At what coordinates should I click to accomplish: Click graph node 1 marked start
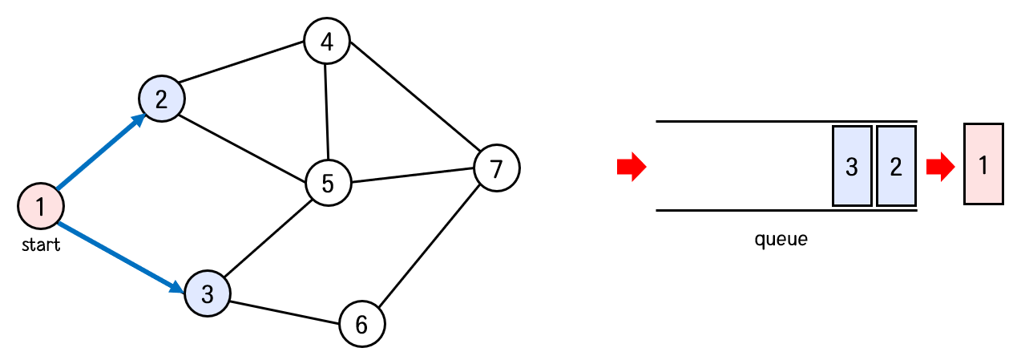pyautogui.click(x=41, y=206)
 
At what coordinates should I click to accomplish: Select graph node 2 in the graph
pyautogui.click(x=162, y=99)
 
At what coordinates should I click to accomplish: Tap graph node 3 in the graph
pyautogui.click(x=208, y=293)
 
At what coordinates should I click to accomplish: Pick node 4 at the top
pyautogui.click(x=327, y=41)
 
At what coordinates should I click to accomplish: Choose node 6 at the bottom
pyautogui.click(x=361, y=324)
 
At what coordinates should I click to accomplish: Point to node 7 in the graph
pyautogui.click(x=497, y=168)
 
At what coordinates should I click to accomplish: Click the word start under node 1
pyautogui.click(x=41, y=245)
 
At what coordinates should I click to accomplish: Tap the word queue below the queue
pyautogui.click(x=781, y=239)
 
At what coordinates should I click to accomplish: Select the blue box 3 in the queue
pyautogui.click(x=852, y=166)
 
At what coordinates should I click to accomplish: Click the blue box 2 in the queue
pyautogui.click(x=896, y=166)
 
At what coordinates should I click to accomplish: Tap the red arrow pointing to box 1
pyautogui.click(x=940, y=167)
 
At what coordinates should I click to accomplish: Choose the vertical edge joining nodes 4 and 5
pyautogui.click(x=327, y=112)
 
